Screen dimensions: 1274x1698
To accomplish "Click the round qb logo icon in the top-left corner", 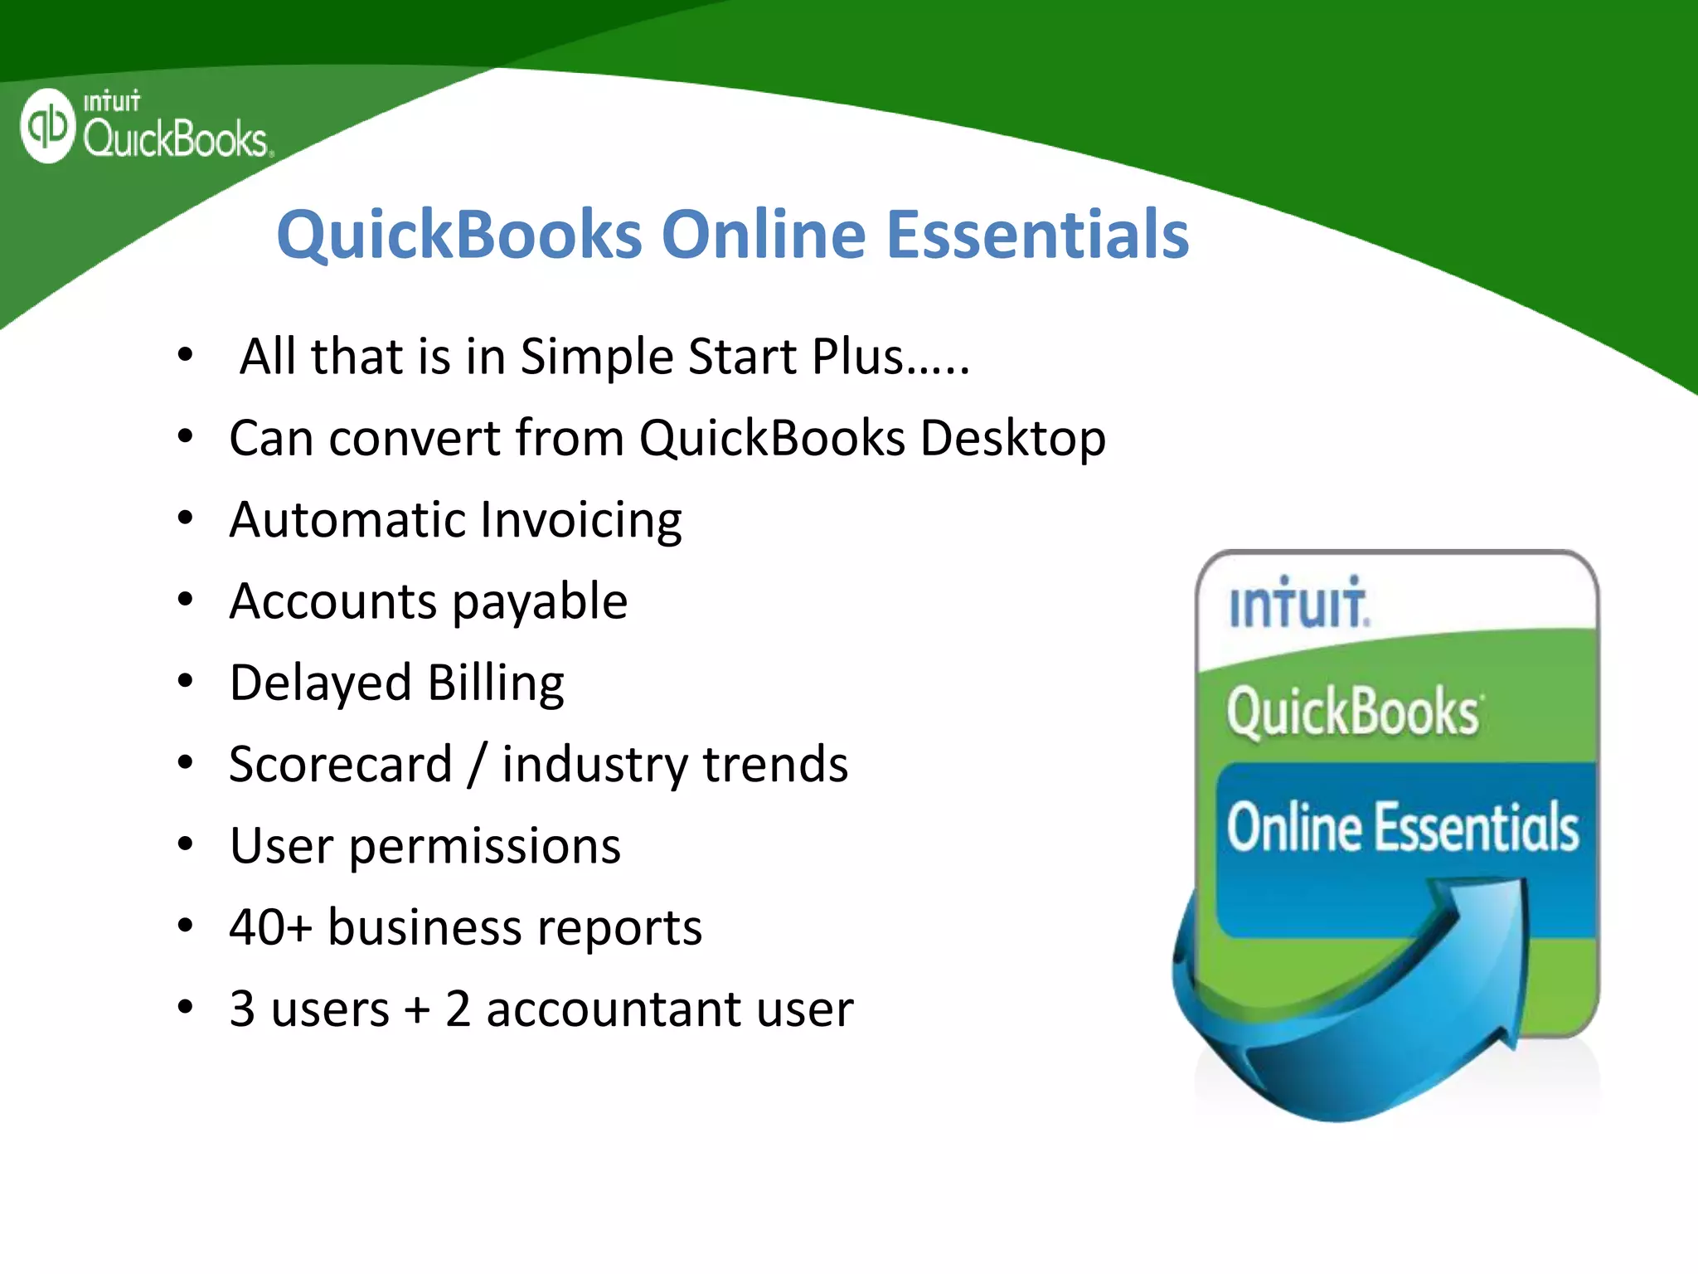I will (x=48, y=126).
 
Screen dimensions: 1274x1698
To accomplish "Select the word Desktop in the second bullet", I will (x=1012, y=439).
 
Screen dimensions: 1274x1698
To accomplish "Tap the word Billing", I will (x=496, y=683).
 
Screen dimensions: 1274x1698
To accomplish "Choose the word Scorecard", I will (x=341, y=765).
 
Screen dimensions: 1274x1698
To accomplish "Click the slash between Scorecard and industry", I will (x=477, y=765).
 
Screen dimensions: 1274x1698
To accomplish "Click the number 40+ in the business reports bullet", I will (x=270, y=927).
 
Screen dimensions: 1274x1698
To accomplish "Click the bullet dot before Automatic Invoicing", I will (x=185, y=518).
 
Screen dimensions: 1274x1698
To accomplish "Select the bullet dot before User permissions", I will (x=185, y=844).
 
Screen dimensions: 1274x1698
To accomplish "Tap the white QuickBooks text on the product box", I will (x=1353, y=712).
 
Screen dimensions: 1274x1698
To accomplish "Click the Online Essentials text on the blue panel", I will (x=1402, y=828).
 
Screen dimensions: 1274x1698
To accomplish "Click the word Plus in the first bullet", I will (x=856, y=357).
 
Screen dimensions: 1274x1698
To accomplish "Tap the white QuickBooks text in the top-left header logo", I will (x=175, y=139).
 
